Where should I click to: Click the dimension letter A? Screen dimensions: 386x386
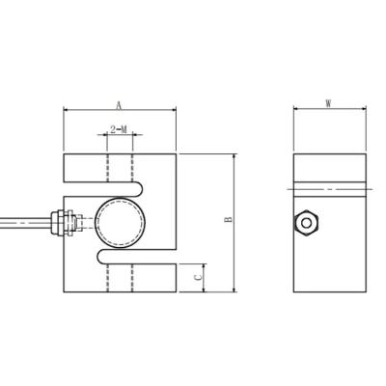119,102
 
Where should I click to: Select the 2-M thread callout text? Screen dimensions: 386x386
120,128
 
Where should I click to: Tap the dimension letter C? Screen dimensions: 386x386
198,276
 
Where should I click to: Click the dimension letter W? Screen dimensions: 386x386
329,102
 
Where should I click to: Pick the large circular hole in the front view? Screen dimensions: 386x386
120,223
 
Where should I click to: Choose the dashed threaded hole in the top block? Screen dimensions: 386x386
120,169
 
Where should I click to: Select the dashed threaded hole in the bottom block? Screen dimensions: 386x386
120,276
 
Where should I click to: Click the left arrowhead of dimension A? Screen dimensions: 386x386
67,111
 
